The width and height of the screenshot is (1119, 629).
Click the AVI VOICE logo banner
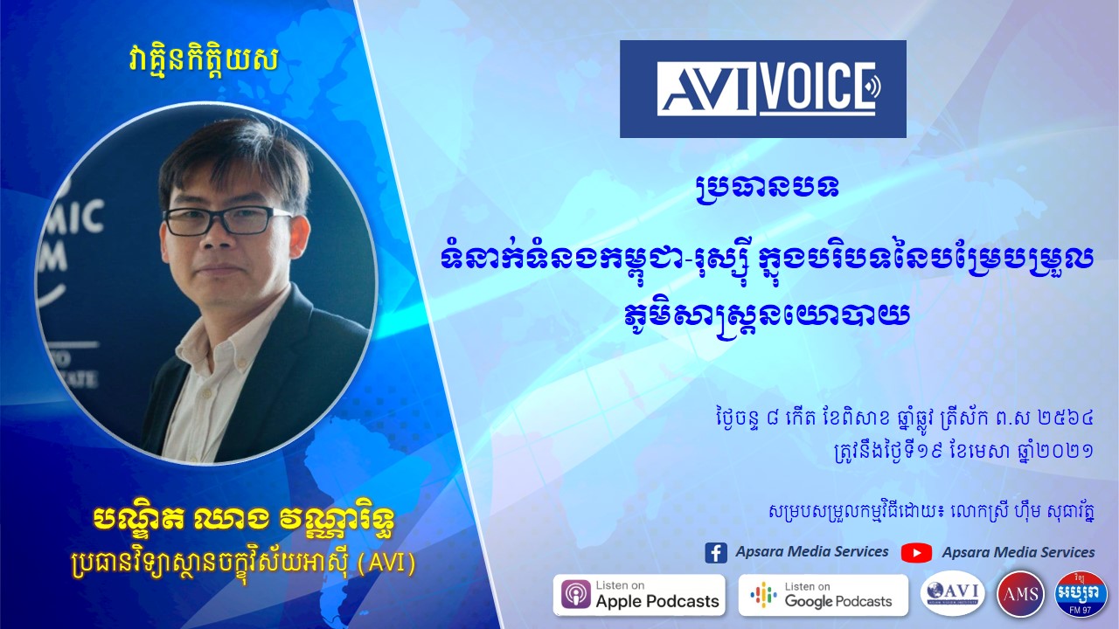tap(763, 89)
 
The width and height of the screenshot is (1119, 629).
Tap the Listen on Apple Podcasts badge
tap(639, 595)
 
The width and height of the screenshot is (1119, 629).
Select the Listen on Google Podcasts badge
tap(824, 595)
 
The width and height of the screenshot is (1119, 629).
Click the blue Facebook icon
tap(716, 553)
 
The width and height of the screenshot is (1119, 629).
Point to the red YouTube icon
tap(916, 553)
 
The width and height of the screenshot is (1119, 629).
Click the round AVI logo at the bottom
tap(953, 594)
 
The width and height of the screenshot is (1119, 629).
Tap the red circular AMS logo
tap(1020, 594)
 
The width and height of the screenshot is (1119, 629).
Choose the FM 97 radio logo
tap(1081, 594)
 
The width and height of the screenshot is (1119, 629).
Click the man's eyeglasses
tap(228, 220)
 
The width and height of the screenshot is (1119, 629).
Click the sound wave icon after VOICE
tap(873, 88)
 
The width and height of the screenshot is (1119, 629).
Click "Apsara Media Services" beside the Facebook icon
tap(812, 551)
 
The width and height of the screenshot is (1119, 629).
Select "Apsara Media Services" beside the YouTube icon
tap(1018, 552)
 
